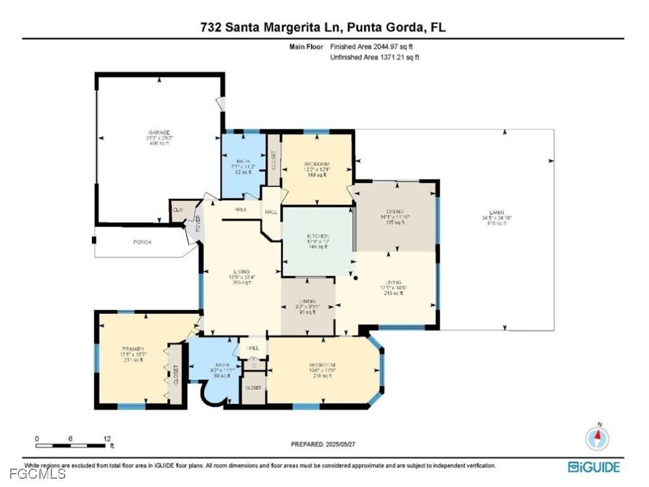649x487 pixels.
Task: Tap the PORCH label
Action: (x=142, y=242)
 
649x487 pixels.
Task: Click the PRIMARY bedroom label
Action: (x=134, y=349)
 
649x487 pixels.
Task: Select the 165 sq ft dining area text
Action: (x=399, y=223)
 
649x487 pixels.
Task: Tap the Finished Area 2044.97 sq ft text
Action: (x=374, y=47)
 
